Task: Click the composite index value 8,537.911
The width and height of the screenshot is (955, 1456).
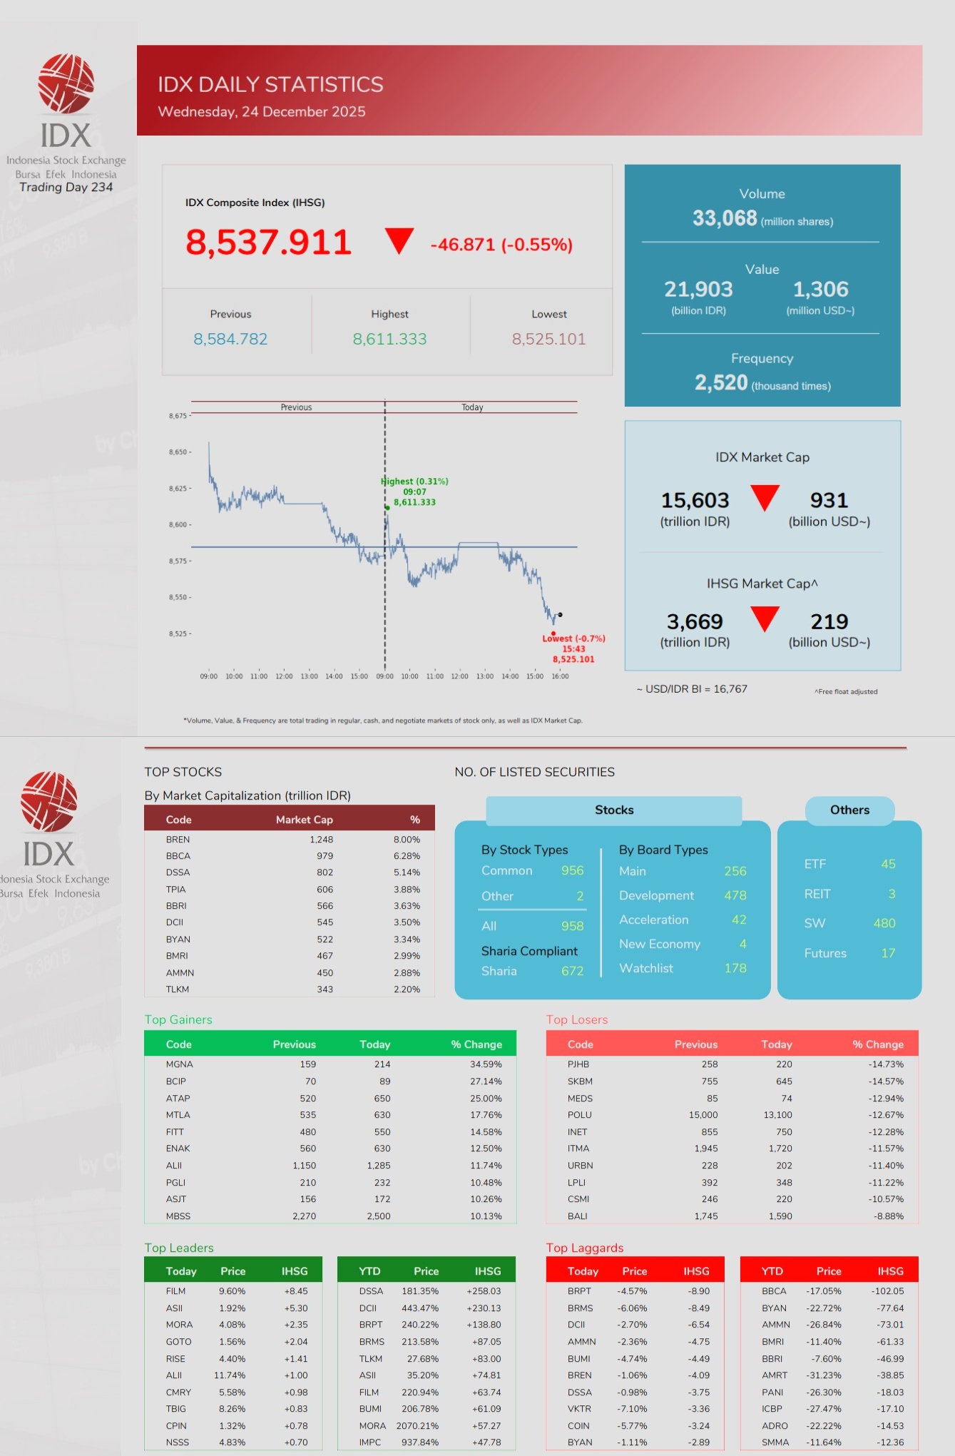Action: click(x=268, y=243)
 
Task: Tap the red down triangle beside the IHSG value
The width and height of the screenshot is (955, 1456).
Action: click(x=399, y=240)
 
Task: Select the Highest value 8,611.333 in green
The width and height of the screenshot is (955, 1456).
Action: click(x=389, y=339)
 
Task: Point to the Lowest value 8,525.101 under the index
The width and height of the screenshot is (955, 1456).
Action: click(x=548, y=339)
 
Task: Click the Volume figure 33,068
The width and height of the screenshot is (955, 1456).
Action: click(x=725, y=218)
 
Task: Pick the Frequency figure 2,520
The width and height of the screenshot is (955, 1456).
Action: click(x=721, y=383)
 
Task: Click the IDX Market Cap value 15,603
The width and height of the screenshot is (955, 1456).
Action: click(x=695, y=500)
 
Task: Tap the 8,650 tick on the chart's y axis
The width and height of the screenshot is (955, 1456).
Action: click(x=178, y=452)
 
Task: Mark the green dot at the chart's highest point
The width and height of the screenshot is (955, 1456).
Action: click(x=387, y=507)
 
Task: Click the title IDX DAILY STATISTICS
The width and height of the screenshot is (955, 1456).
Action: click(x=270, y=85)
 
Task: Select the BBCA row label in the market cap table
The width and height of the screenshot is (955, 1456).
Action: click(x=178, y=856)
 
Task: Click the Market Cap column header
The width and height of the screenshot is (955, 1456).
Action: click(x=305, y=820)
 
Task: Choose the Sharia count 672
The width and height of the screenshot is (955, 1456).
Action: click(x=572, y=971)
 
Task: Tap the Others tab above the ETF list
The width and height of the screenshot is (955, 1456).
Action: click(x=849, y=810)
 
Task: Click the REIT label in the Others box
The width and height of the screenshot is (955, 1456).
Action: click(x=817, y=894)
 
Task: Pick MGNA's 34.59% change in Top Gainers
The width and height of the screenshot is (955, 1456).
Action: click(x=486, y=1064)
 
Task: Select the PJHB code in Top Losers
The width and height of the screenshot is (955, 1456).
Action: click(x=578, y=1064)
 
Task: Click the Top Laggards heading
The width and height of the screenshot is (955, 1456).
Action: click(x=585, y=1248)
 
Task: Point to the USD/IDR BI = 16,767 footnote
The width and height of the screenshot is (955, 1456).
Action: click(x=692, y=689)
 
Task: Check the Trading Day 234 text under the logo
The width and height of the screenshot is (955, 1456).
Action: click(x=66, y=188)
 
